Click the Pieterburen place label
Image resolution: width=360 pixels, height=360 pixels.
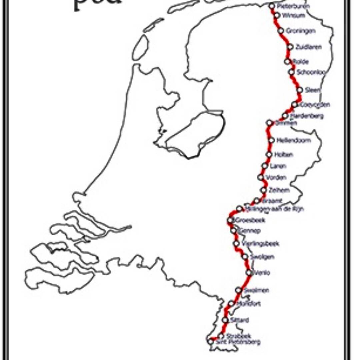pos(293,6)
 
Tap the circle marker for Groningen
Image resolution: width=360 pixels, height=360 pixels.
pos(281,31)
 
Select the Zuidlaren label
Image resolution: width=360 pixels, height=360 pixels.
pos(308,47)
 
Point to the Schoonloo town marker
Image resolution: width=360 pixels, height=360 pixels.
pos(292,72)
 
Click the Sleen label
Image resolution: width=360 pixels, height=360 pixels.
pos(313,90)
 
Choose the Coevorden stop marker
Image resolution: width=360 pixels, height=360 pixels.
pos(295,105)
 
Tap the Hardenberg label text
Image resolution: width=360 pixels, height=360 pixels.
pos(307,116)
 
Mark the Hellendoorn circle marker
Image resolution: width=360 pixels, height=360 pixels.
pos(271,140)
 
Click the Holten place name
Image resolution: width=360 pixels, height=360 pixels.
pos(283,155)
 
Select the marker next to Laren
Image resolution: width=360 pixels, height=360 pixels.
pos(265,166)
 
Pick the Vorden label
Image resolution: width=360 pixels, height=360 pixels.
pos(276,177)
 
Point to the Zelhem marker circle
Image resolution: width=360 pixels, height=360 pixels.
pos(263,190)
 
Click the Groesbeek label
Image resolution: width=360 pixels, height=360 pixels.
pos(250,220)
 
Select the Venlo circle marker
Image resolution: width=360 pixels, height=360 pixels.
pos(249,273)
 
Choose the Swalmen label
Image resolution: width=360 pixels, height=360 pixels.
pos(256,290)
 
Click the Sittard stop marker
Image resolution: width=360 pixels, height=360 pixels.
pos(225,320)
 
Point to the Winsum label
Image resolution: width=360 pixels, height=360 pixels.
pos(293,16)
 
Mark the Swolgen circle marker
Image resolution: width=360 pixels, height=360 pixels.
pos(245,257)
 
